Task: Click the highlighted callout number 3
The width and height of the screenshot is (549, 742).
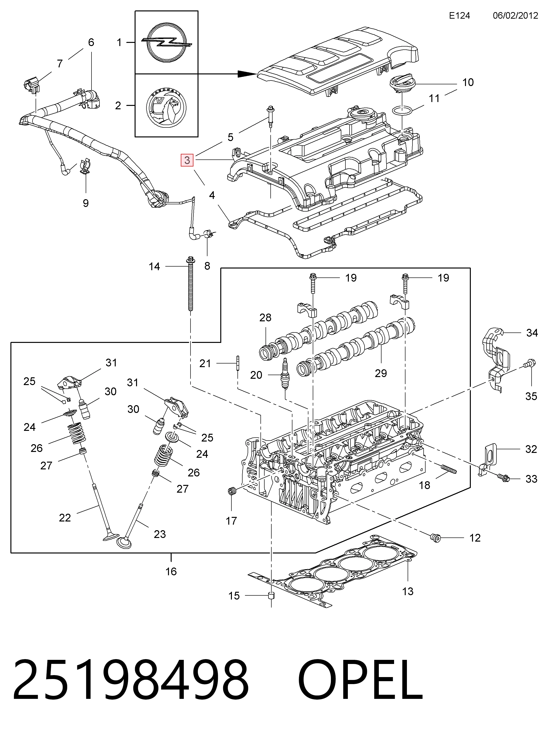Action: [x=187, y=160]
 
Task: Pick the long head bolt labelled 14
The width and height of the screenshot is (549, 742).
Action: [x=191, y=284]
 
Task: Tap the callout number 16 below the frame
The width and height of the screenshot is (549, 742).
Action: [x=171, y=571]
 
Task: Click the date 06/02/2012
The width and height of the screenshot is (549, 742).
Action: [x=515, y=16]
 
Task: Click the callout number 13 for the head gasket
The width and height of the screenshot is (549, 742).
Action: [x=408, y=591]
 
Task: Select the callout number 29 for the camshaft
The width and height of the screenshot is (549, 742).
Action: [x=381, y=373]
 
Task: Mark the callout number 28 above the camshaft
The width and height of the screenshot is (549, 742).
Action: [x=265, y=318]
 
